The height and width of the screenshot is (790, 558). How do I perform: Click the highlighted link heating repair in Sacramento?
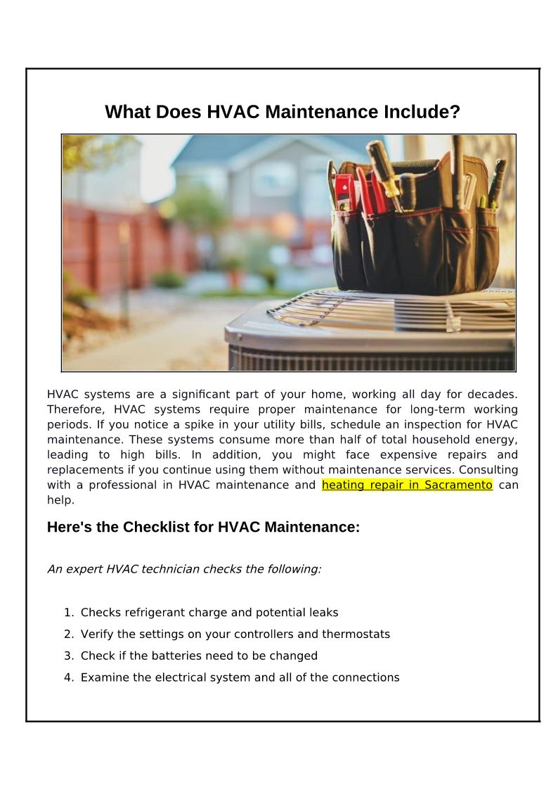pos(407,485)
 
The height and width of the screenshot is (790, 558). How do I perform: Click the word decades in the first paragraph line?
pos(492,394)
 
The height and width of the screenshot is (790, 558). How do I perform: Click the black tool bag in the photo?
pos(415,239)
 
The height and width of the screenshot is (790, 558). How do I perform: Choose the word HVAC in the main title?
pos(233,112)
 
